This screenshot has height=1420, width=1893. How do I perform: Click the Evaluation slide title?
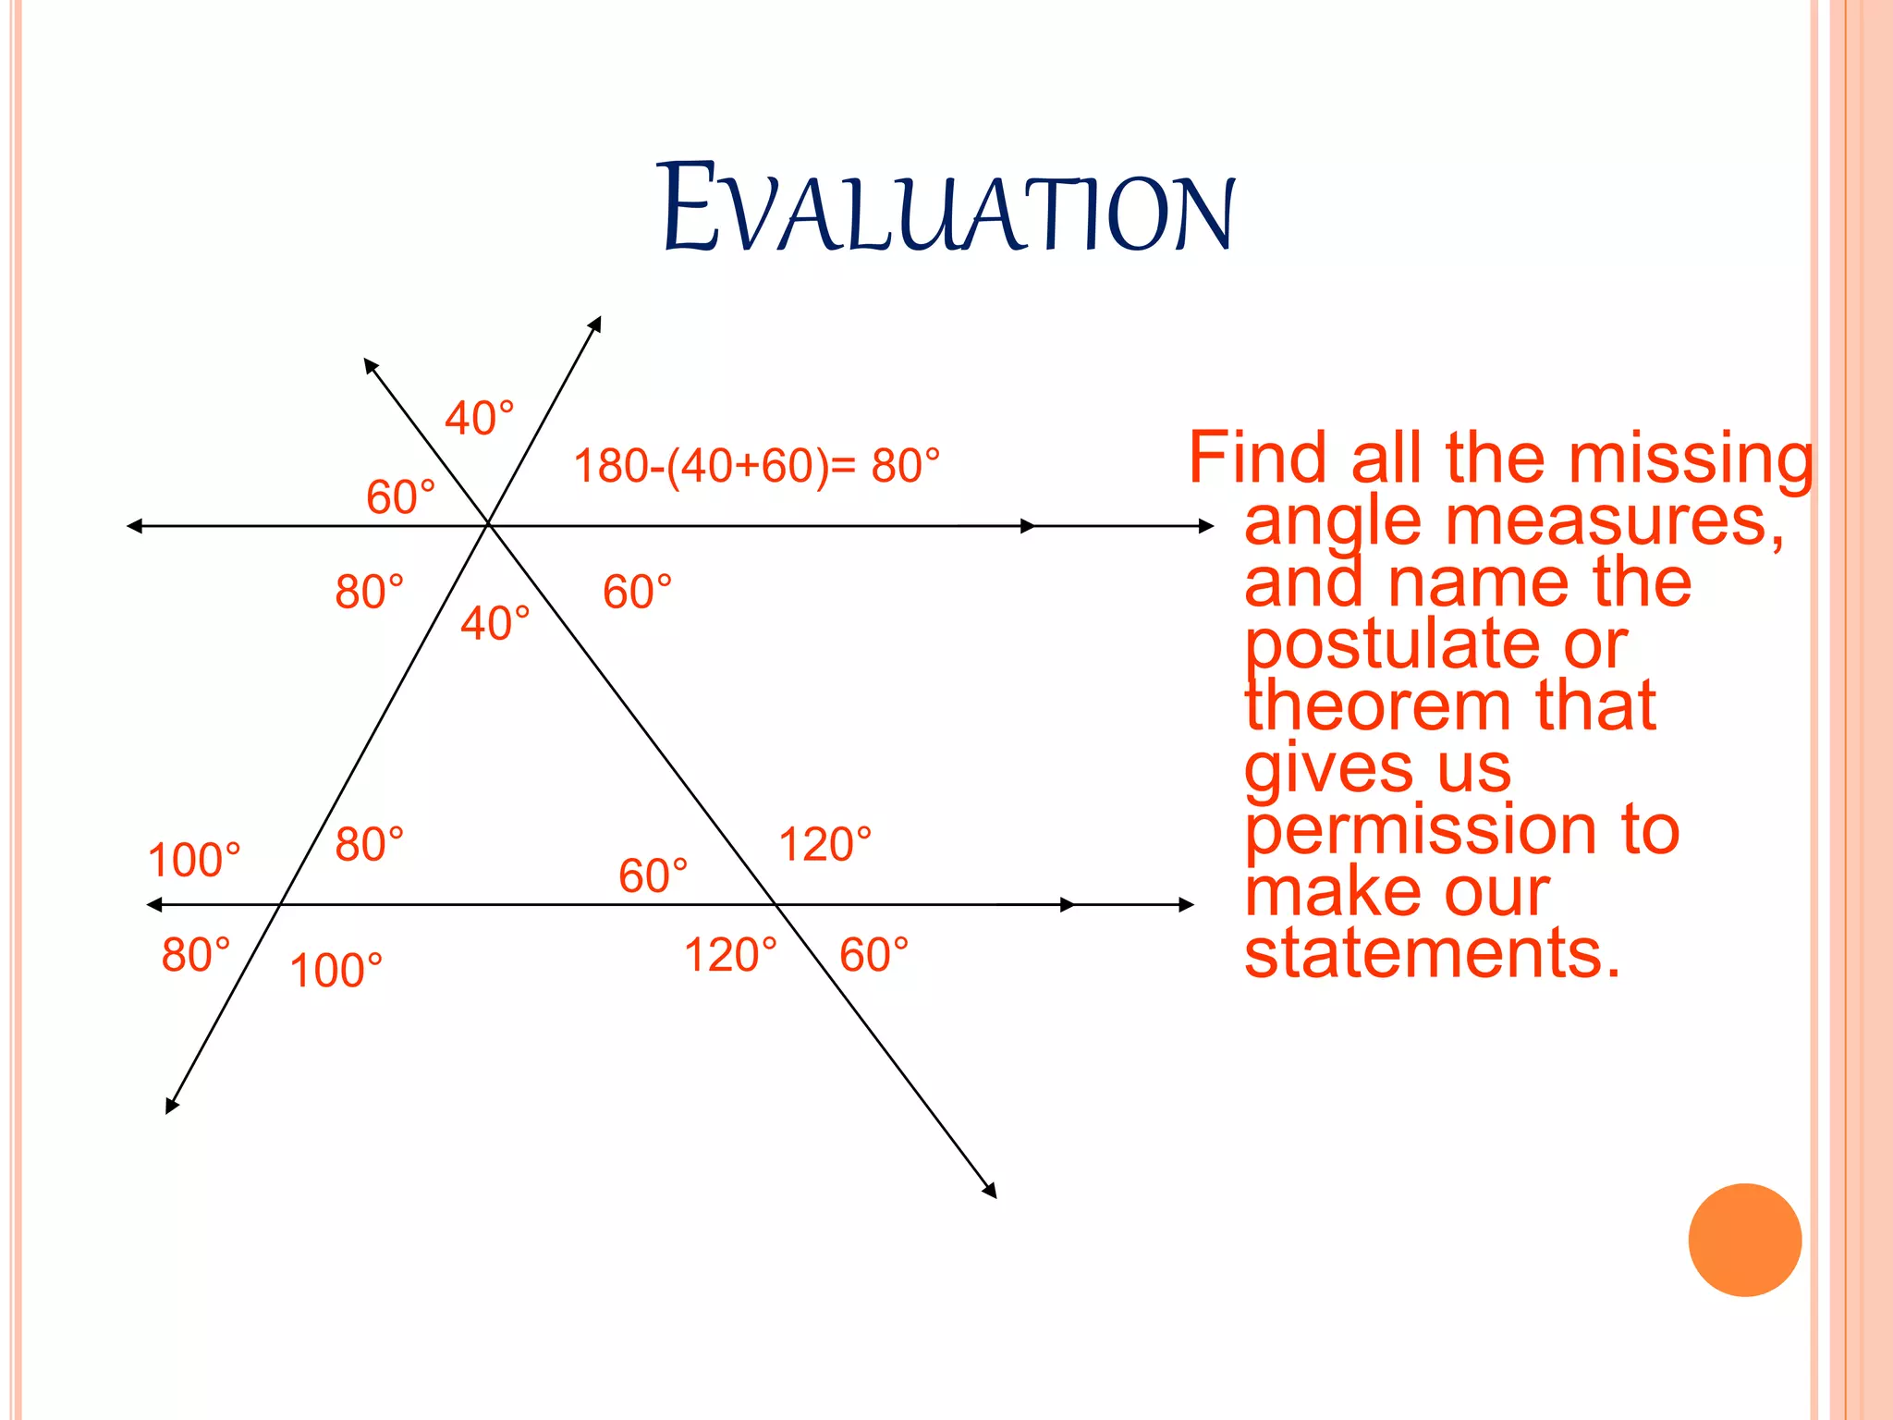coord(948,209)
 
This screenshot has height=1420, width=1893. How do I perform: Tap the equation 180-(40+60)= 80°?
coord(756,466)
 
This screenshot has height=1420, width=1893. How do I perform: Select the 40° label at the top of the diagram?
coord(479,418)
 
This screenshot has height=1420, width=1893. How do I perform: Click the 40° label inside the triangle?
coord(495,623)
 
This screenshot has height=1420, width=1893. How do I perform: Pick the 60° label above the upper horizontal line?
coord(400,497)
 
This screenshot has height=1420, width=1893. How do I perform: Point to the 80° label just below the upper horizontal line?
coord(369,592)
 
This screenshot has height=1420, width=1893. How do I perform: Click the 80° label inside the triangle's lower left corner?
coord(369,844)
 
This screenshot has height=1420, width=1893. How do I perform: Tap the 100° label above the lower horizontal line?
coord(193,860)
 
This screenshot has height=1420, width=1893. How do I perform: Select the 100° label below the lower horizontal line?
coord(336,971)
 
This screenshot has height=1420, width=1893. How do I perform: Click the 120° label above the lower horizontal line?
coord(824,844)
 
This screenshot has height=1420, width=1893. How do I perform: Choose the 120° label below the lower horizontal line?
coord(730,955)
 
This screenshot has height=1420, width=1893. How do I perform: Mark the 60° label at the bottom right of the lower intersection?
coord(873,955)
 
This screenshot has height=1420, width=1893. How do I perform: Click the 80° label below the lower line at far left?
coord(195,955)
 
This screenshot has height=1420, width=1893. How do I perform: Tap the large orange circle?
coord(1744,1240)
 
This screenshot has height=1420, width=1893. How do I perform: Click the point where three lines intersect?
coord(488,525)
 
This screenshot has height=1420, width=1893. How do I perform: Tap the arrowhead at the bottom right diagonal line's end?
coord(991,1192)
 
